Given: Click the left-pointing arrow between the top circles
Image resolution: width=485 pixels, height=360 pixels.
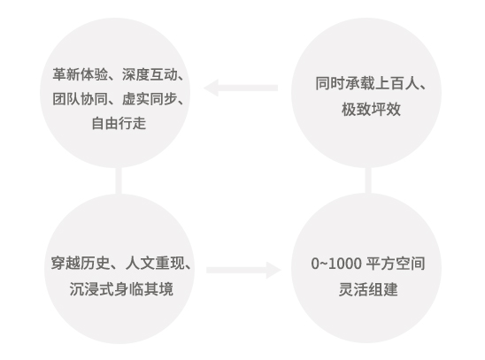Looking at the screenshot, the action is [x=241, y=88].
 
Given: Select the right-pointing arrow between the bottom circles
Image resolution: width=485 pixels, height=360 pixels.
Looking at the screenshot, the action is [x=243, y=270].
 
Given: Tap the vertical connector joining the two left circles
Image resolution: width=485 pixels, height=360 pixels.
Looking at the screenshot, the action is [x=119, y=181].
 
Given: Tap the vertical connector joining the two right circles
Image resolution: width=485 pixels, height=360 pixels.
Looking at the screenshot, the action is [x=368, y=181].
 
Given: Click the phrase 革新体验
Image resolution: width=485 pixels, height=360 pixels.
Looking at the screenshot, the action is [x=81, y=74].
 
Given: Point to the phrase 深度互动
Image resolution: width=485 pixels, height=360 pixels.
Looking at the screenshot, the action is [x=150, y=74].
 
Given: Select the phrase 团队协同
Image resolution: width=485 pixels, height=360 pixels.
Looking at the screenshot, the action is [x=81, y=99].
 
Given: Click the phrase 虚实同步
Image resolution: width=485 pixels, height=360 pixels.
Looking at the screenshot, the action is [x=150, y=99].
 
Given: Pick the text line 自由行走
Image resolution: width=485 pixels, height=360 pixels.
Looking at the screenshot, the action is [x=119, y=123].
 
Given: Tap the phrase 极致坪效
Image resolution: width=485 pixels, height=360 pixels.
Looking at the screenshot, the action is [x=371, y=110].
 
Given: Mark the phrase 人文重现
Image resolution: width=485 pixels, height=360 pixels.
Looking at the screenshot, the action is [x=155, y=264].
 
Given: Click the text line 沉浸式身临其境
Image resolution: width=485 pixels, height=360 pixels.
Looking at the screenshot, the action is [x=121, y=289].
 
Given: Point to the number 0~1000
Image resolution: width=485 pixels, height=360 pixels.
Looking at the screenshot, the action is [x=336, y=264].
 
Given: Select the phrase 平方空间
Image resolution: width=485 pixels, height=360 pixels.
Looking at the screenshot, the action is [x=396, y=264].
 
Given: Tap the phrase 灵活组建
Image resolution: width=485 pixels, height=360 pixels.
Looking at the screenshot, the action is [x=368, y=289].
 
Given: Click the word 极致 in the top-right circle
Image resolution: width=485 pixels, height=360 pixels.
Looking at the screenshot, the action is [x=356, y=110].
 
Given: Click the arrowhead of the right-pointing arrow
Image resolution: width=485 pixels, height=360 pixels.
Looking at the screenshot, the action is [x=274, y=270].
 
